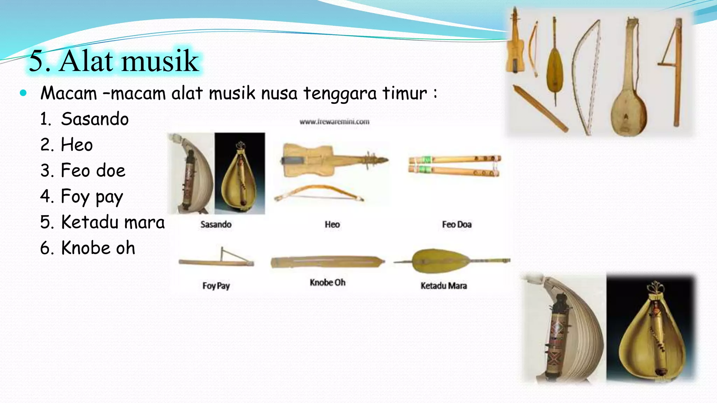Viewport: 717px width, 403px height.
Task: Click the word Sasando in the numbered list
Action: click(95, 119)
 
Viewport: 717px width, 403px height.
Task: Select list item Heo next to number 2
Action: click(77, 145)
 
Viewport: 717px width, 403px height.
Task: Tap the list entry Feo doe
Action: click(93, 170)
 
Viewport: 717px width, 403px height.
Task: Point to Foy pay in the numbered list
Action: click(92, 197)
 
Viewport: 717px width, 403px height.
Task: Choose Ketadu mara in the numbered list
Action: click(112, 222)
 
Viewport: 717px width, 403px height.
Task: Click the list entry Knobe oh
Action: click(98, 248)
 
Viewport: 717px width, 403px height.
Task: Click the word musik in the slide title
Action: click(160, 61)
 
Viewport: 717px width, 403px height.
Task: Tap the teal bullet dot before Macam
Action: click(23, 93)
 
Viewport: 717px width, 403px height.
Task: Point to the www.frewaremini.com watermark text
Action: click(334, 122)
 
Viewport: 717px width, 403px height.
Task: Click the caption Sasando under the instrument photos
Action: click(216, 225)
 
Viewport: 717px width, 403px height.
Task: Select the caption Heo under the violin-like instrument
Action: click(332, 225)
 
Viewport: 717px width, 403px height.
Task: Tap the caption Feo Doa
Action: click(457, 225)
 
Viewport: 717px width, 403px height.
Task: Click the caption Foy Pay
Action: click(216, 286)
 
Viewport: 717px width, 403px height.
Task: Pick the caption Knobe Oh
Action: click(327, 282)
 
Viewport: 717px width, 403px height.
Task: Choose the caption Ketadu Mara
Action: click(444, 286)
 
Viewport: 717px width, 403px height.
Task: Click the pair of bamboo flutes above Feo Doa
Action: click(454, 165)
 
